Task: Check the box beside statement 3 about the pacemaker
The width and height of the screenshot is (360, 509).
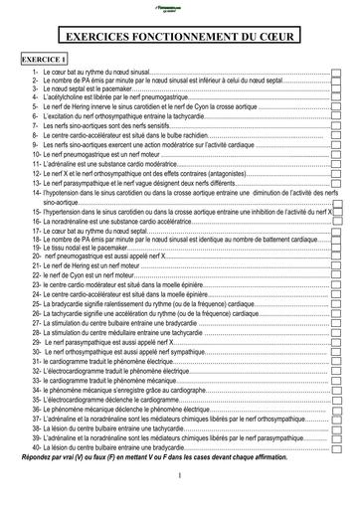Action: [336, 90]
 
